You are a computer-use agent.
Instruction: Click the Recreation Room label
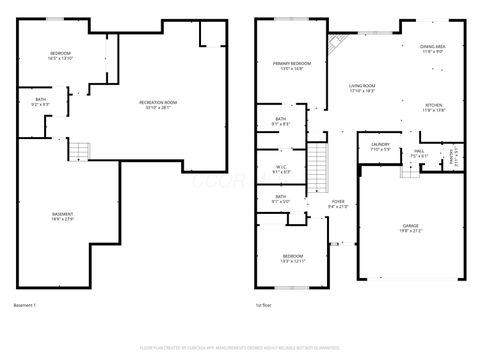pyautogui.click(x=158, y=105)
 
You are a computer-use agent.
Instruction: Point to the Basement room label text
pyautogui.click(x=62, y=217)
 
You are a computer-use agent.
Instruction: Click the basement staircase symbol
pyautogui.click(x=79, y=151)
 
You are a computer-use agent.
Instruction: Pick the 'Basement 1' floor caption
pyautogui.click(x=25, y=305)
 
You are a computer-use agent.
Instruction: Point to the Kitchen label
pyautogui.click(x=433, y=108)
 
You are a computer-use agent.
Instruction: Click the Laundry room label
pyautogui.click(x=380, y=147)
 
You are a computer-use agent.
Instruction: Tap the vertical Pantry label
pyautogui.click(x=451, y=156)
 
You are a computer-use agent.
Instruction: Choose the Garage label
pyautogui.click(x=411, y=228)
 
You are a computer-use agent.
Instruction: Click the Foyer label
pyautogui.click(x=338, y=204)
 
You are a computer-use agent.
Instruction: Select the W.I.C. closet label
pyautogui.click(x=282, y=169)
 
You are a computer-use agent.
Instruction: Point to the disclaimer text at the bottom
pyautogui.click(x=240, y=347)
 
